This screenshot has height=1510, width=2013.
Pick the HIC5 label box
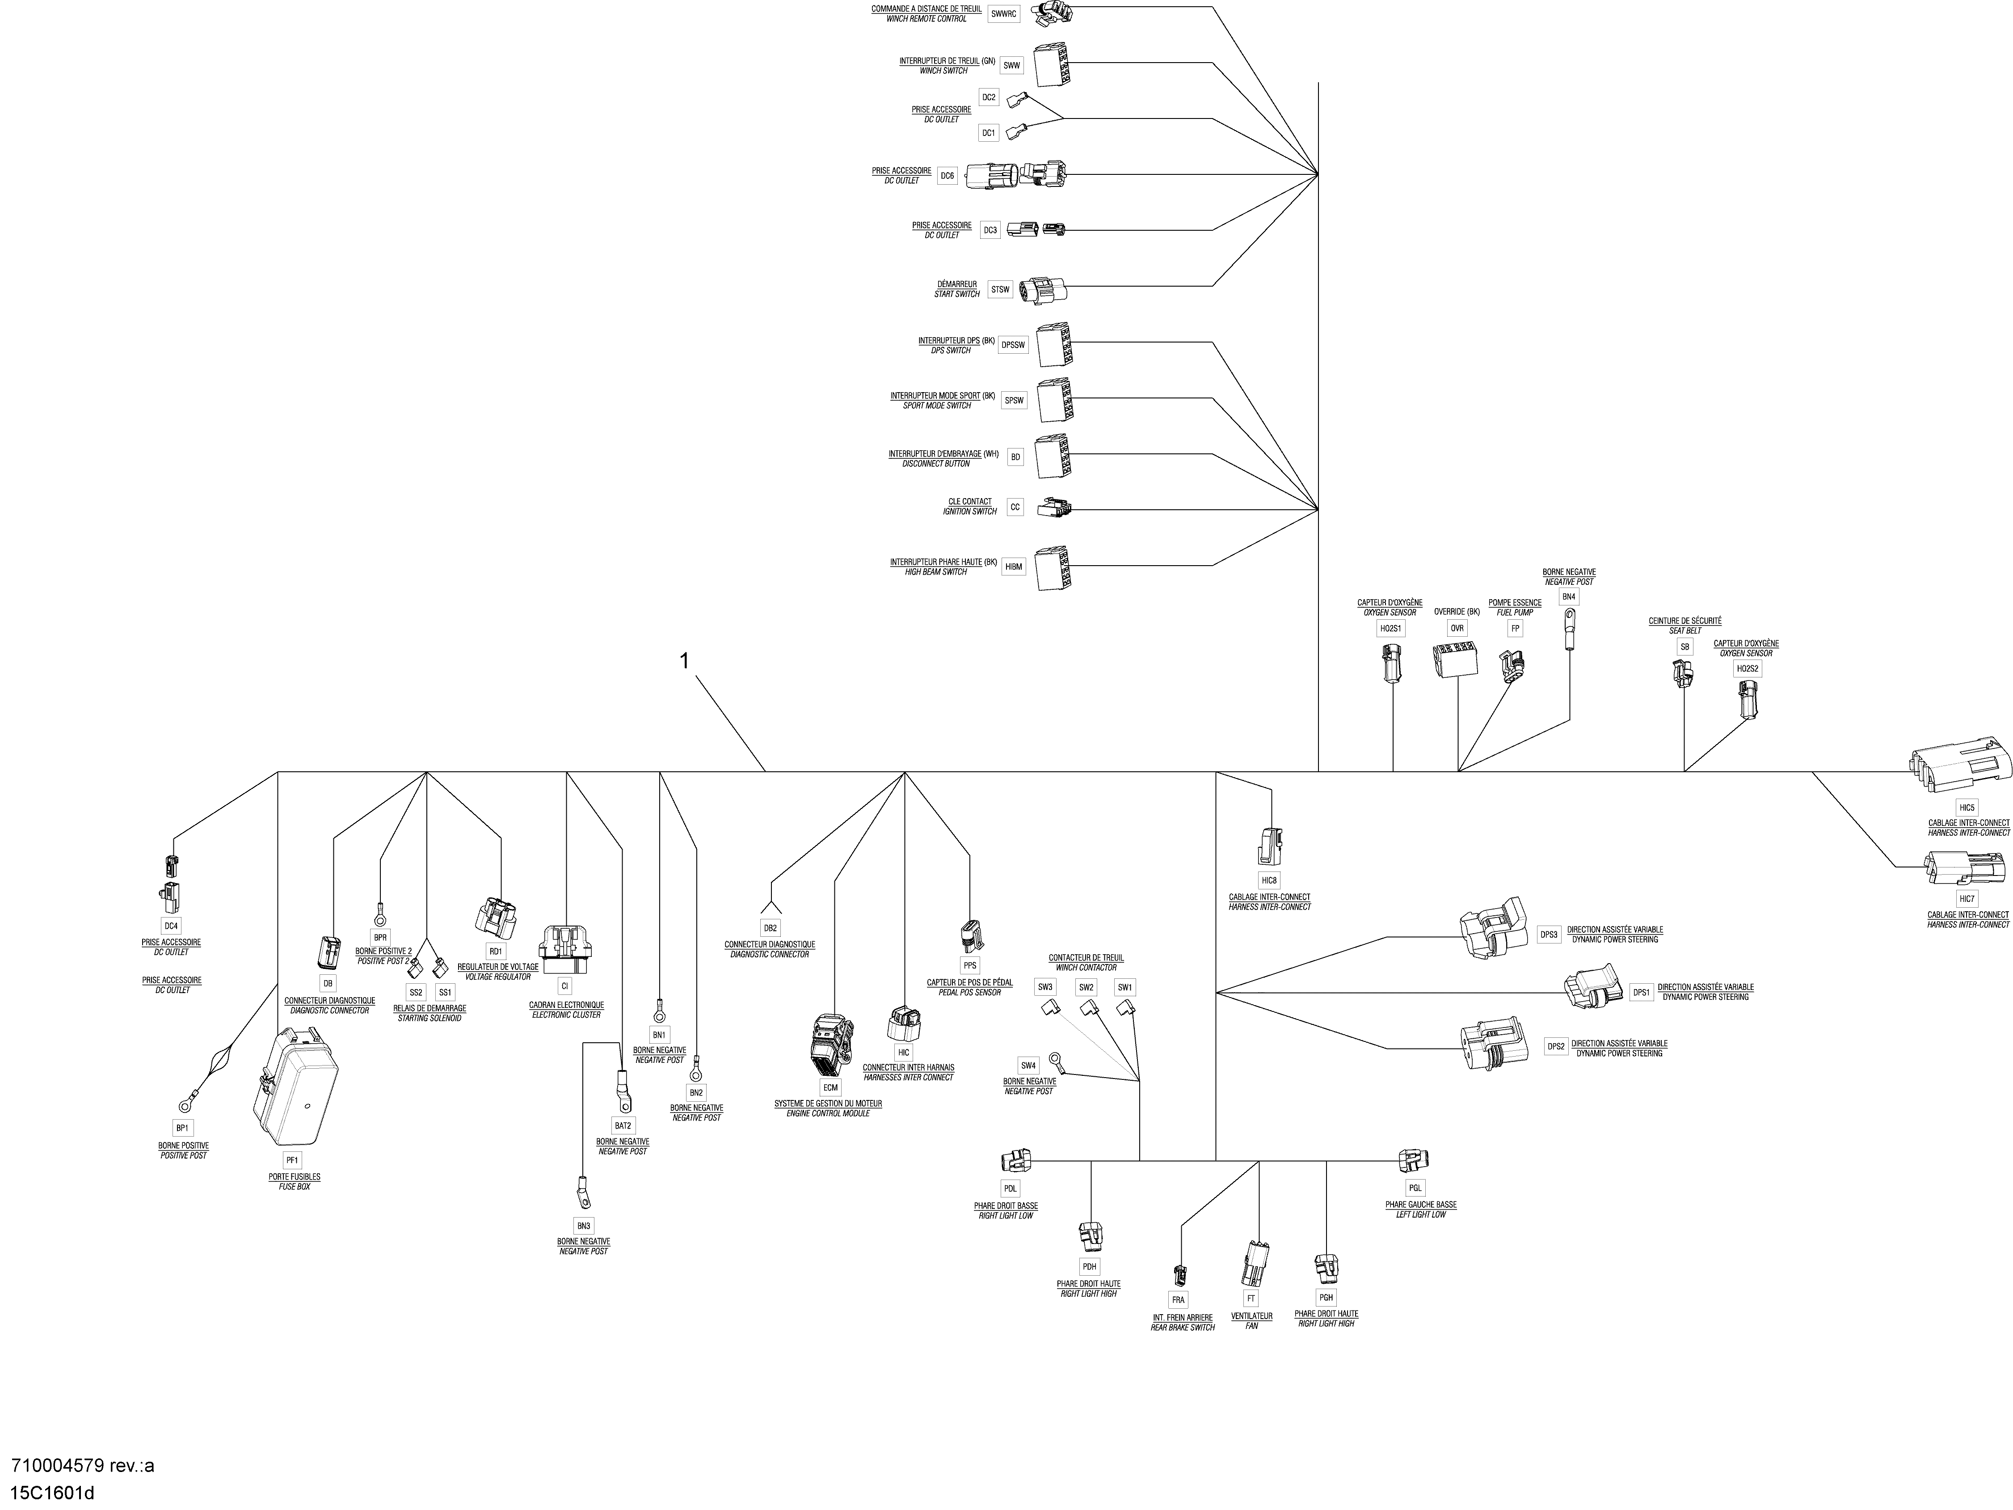tap(1967, 808)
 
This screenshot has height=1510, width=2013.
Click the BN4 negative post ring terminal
tap(1569, 630)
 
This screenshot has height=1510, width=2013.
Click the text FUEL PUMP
tap(1515, 613)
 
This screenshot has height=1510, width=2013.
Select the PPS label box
tap(970, 965)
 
